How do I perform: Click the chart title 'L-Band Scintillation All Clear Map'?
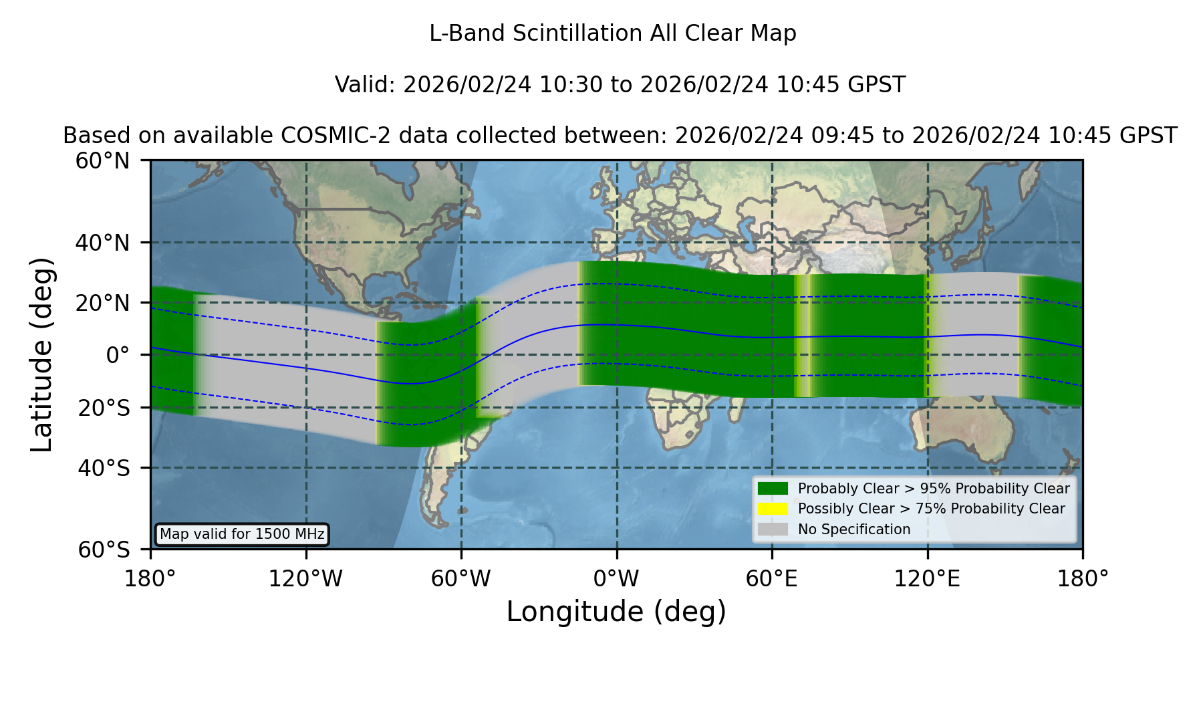613,33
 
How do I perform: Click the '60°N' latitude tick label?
103,160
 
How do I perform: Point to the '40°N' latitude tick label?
103,243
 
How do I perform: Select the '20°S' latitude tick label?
104,407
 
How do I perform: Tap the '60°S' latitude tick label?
104,550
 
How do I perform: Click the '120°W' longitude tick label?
305,578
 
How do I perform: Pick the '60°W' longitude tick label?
461,578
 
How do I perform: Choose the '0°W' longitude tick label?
616,578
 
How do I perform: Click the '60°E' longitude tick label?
772,578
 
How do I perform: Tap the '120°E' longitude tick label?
927,578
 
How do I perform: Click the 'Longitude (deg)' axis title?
616,612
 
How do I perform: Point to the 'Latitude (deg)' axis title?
41,354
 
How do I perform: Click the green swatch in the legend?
773,488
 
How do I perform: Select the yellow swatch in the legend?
773,508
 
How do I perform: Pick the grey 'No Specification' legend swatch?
773,529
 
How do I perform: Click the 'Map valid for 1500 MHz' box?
242,534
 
